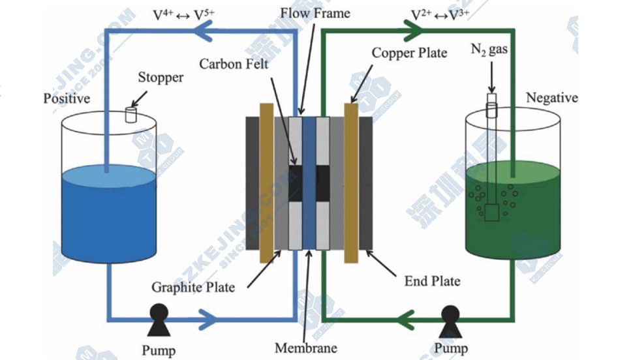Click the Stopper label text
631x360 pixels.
coord(160,78)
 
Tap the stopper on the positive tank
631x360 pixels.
coord(131,115)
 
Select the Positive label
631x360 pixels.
coord(67,99)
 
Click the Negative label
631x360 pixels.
coord(551,98)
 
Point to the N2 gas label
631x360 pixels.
coord(490,50)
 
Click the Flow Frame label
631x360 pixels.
coord(315,13)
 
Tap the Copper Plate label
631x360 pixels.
coord(409,53)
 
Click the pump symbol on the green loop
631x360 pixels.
coord(450,318)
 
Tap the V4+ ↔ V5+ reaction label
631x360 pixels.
coord(183,14)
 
